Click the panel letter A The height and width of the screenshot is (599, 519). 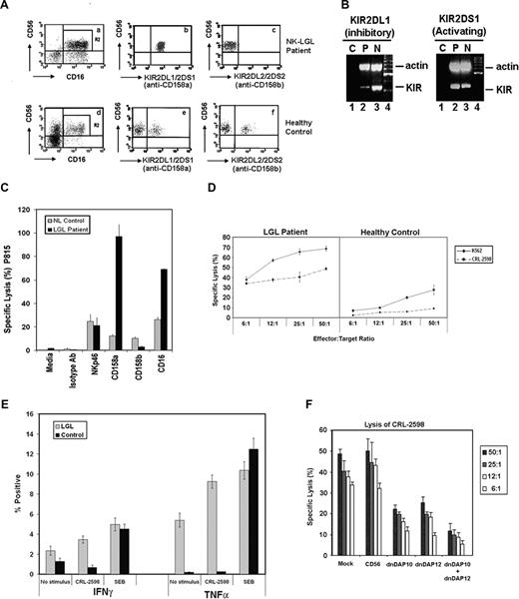[x=7, y=8]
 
